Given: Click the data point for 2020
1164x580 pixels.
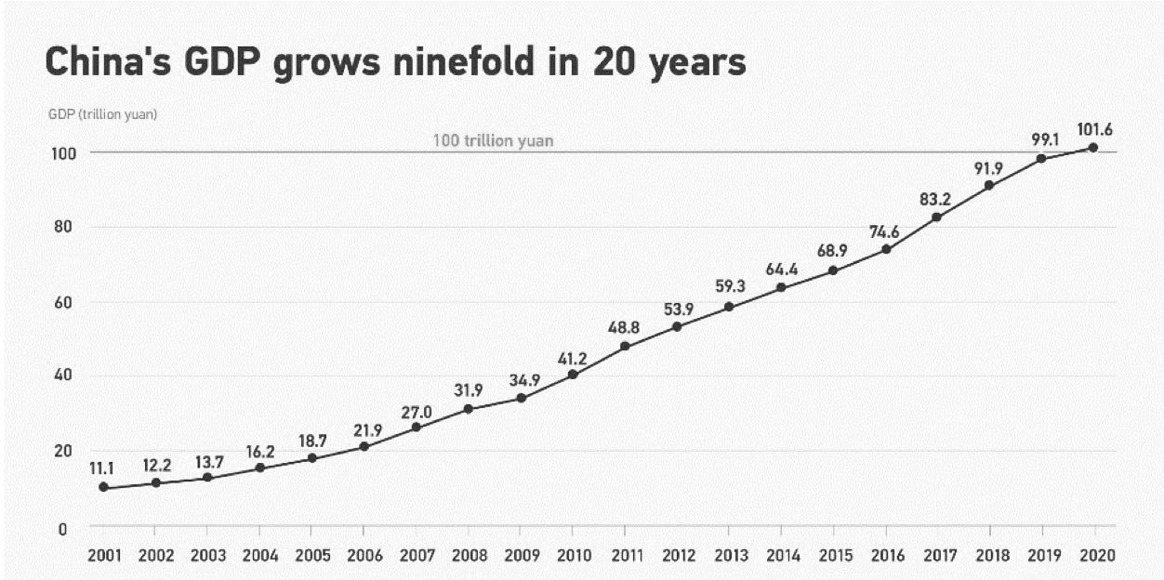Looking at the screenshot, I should click(1093, 148).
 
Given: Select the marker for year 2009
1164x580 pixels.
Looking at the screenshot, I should click(521, 399).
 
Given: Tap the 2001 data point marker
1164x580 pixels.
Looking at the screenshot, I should click(103, 487).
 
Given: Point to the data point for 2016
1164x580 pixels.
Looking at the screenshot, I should click(886, 249).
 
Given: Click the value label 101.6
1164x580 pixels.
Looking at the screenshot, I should click(1093, 127).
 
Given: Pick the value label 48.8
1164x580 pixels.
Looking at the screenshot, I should click(625, 327).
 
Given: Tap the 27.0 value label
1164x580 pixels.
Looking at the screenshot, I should click(417, 410).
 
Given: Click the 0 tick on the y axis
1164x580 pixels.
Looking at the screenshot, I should click(62, 529).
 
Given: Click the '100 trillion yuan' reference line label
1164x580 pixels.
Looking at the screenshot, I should click(493, 141).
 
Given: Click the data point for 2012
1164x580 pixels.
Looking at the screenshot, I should click(677, 327).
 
